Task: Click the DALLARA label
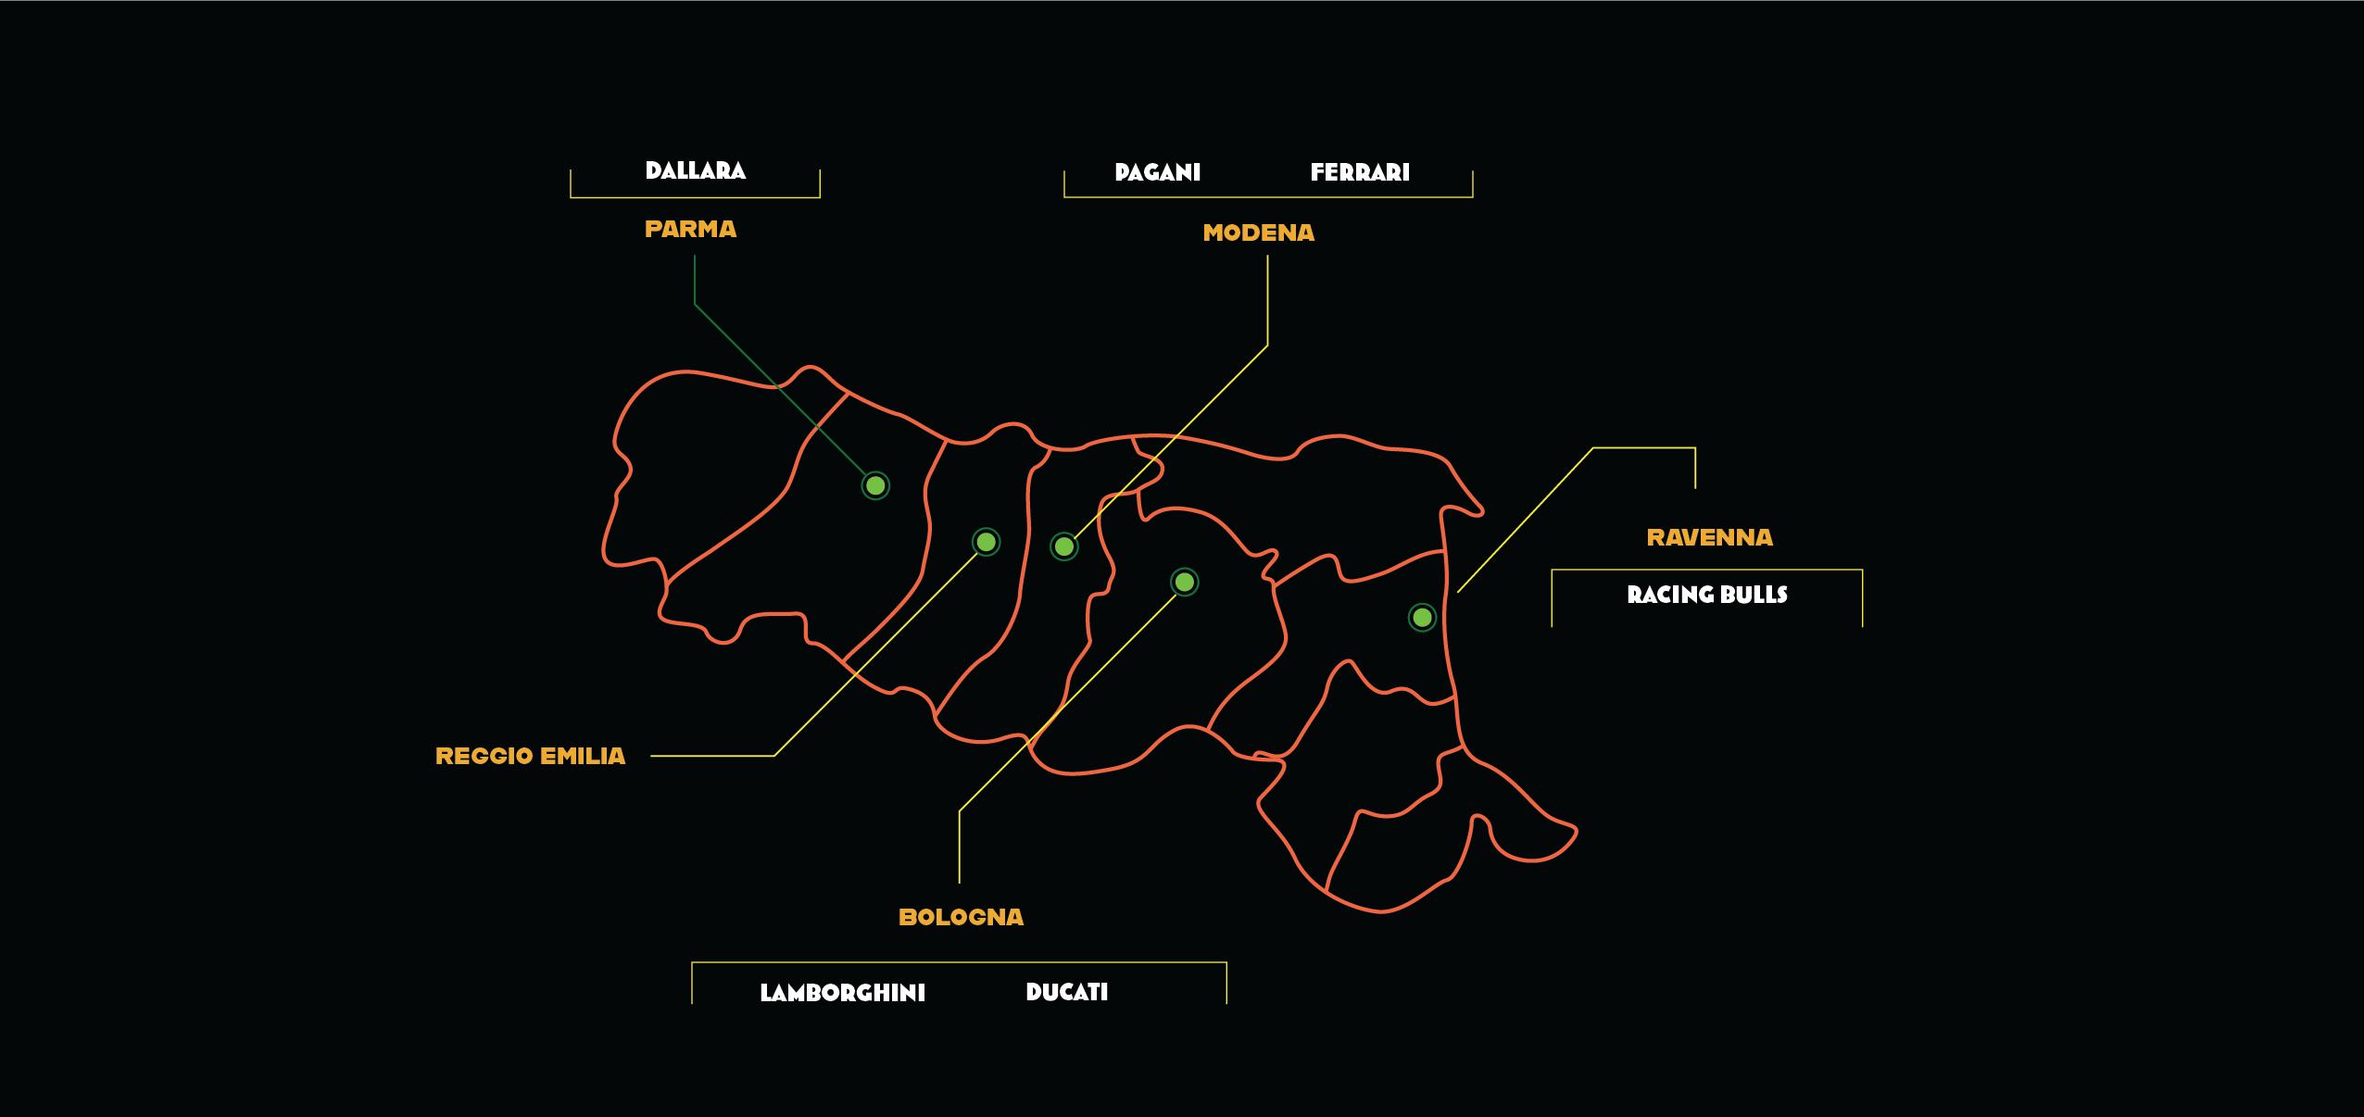pyautogui.click(x=695, y=170)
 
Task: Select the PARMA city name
pyautogui.click(x=690, y=229)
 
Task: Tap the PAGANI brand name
pyautogui.click(x=1157, y=172)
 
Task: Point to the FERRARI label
pyautogui.click(x=1359, y=172)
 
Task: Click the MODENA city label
pyautogui.click(x=1258, y=232)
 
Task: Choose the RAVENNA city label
pyautogui.click(x=1709, y=537)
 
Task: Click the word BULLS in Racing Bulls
pyautogui.click(x=1754, y=595)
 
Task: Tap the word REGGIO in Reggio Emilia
pyautogui.click(x=484, y=757)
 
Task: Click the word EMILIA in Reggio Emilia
pyautogui.click(x=583, y=757)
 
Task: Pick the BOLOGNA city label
pyautogui.click(x=961, y=917)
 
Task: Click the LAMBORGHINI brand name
pyautogui.click(x=842, y=993)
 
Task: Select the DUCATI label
pyautogui.click(x=1066, y=992)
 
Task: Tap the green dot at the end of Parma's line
pyautogui.click(x=875, y=485)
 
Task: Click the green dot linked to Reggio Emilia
pyautogui.click(x=986, y=542)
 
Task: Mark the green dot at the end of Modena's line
pyautogui.click(x=1064, y=546)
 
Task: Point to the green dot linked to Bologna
pyautogui.click(x=1184, y=582)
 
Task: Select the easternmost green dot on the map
pyautogui.click(x=1422, y=617)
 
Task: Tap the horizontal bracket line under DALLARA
pyautogui.click(x=695, y=197)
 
